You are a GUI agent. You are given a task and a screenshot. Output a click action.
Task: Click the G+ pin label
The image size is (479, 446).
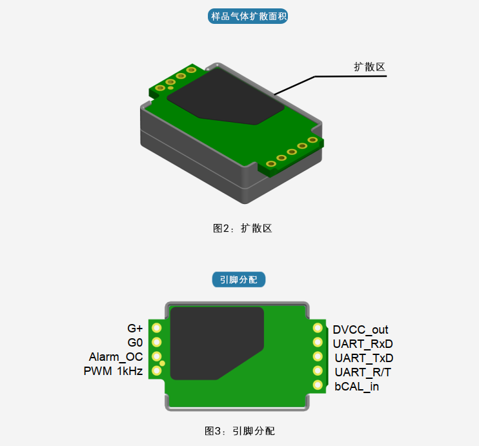pos(135,329)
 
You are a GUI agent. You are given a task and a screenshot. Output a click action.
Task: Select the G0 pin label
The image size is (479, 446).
pos(135,343)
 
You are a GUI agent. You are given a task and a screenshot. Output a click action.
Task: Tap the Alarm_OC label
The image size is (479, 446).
pos(116,357)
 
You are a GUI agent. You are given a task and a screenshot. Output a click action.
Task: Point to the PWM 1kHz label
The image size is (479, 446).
pos(113,371)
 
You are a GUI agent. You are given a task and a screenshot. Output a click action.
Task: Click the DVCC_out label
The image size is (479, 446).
pos(360,330)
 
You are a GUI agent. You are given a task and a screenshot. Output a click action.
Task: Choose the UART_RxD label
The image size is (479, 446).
pos(363,344)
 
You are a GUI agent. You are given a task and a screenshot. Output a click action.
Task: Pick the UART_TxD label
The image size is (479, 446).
pos(364,358)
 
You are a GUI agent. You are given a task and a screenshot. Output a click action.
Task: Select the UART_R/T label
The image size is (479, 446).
pos(363,372)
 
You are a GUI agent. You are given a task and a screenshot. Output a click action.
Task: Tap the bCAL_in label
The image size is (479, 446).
pos(356,387)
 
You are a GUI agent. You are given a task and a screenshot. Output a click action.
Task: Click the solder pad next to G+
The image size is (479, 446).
pos(157,328)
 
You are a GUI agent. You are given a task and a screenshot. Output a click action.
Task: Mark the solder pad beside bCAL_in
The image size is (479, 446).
pos(318,385)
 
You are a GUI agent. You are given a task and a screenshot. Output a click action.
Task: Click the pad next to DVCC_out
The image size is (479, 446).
pos(318,328)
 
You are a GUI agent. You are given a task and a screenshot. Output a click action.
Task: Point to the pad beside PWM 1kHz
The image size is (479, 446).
pos(157,370)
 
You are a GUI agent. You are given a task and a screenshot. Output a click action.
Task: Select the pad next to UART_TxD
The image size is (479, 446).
pos(318,356)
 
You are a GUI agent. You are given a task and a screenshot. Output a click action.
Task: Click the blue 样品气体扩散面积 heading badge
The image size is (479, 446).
pos(248,16)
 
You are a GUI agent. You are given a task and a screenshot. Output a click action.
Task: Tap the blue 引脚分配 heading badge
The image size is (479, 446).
pos(239,279)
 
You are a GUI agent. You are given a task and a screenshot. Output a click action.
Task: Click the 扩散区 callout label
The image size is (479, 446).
pos(369,67)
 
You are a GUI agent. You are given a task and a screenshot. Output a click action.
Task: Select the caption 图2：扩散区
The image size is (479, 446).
pos(242,228)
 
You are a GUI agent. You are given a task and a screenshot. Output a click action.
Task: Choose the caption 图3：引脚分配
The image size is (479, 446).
pos(239,431)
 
